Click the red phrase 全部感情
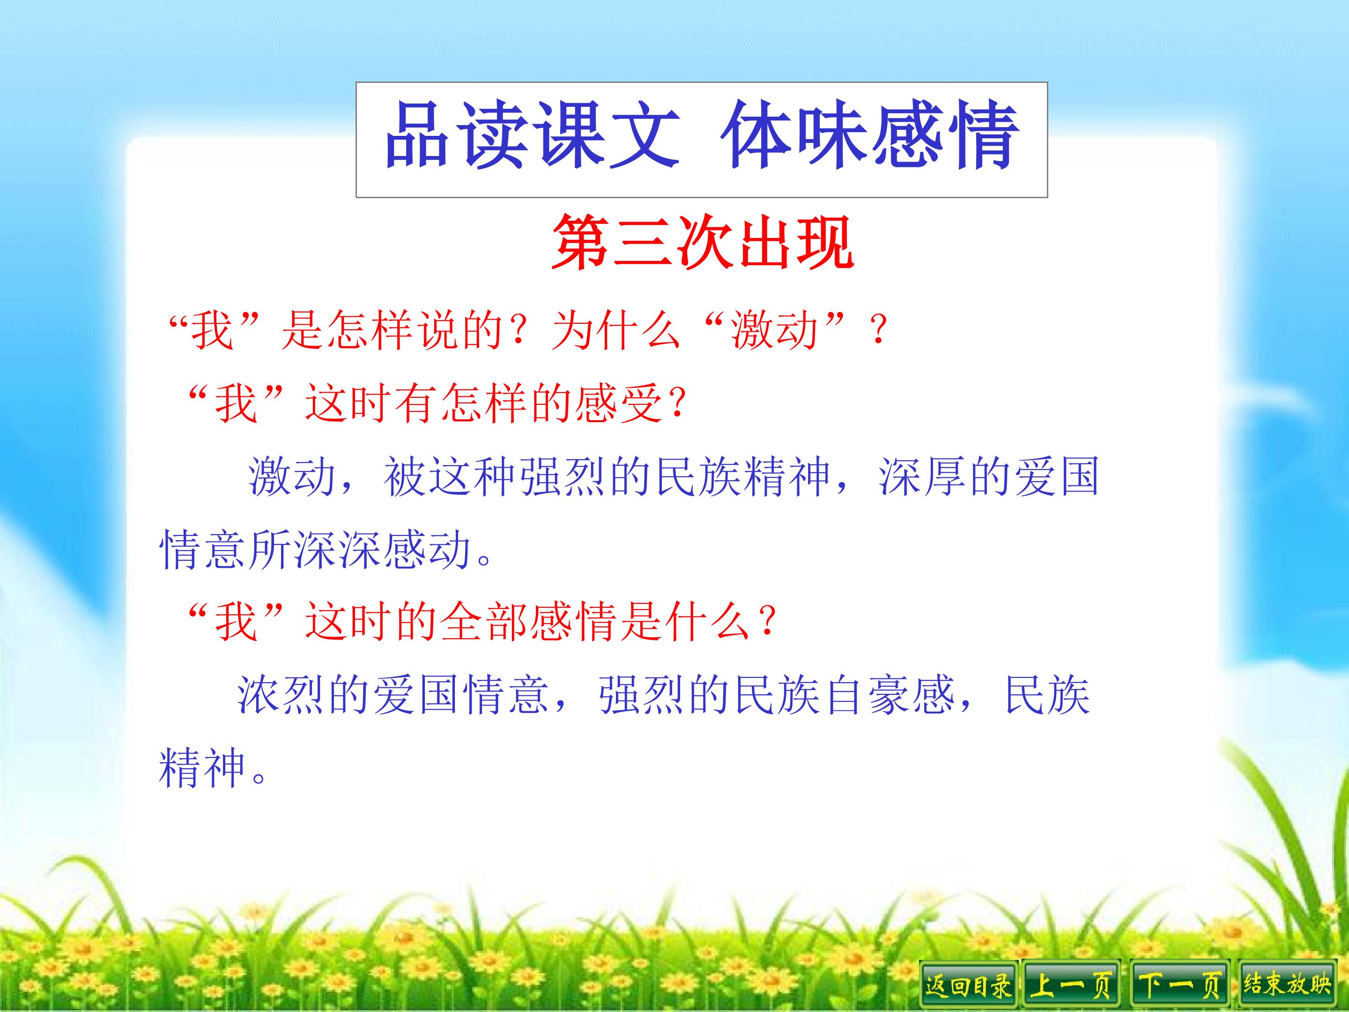529,622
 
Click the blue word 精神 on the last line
202,768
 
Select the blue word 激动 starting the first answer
291,476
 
